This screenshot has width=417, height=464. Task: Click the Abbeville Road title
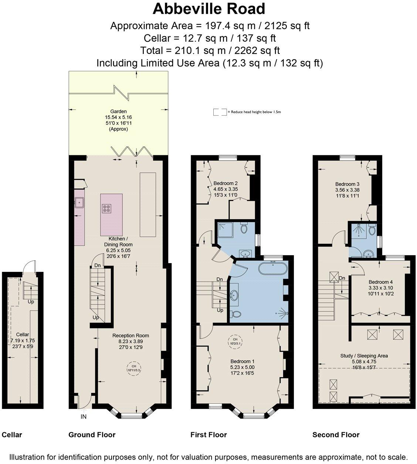[x=209, y=8]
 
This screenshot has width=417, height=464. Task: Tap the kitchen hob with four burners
[x=106, y=208]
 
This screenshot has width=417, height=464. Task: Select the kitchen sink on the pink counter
[x=79, y=202]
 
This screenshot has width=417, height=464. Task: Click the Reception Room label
[x=131, y=335]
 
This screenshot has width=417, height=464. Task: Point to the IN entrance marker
[x=84, y=417]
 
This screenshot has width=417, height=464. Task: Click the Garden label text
[x=118, y=111]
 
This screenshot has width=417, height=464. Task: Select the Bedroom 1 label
[x=243, y=361]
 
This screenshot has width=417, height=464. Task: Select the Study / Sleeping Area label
[x=364, y=356]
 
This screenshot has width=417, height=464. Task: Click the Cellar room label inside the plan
[x=20, y=334]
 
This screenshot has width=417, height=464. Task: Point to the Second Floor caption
[x=336, y=435]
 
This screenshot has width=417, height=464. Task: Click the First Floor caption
[x=208, y=435]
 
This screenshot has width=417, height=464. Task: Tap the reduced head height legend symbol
[x=220, y=112]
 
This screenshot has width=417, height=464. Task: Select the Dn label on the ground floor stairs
[x=98, y=265]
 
